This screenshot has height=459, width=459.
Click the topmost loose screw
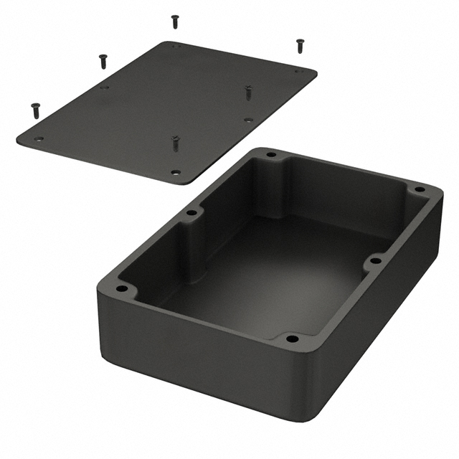(x=175, y=22)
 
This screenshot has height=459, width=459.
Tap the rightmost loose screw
(x=300, y=45)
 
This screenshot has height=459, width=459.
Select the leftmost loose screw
(x=36, y=110)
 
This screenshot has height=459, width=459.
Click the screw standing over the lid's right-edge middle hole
(x=248, y=92)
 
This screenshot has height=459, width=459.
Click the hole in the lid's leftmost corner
(x=39, y=139)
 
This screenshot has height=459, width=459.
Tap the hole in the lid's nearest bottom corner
(x=176, y=172)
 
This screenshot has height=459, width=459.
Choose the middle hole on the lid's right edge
(x=248, y=120)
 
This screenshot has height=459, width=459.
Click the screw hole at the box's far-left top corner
(x=271, y=154)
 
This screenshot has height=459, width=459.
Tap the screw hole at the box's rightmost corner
(x=420, y=189)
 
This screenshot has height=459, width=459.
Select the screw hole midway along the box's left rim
(x=191, y=213)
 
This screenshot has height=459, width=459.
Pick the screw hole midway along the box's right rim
(x=373, y=261)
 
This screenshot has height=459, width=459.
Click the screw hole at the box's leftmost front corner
(x=122, y=289)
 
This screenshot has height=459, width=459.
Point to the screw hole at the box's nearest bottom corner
(x=291, y=338)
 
